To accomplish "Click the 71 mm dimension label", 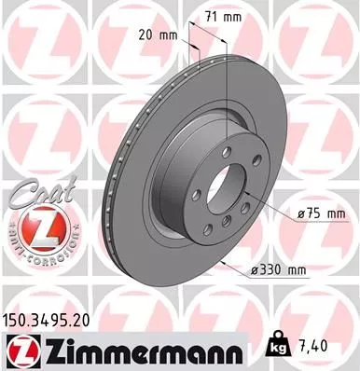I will pyautogui.click(x=221, y=16).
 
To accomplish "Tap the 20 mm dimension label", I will pyautogui.click(x=158, y=34).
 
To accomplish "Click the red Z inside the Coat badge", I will pyautogui.click(x=34, y=227).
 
